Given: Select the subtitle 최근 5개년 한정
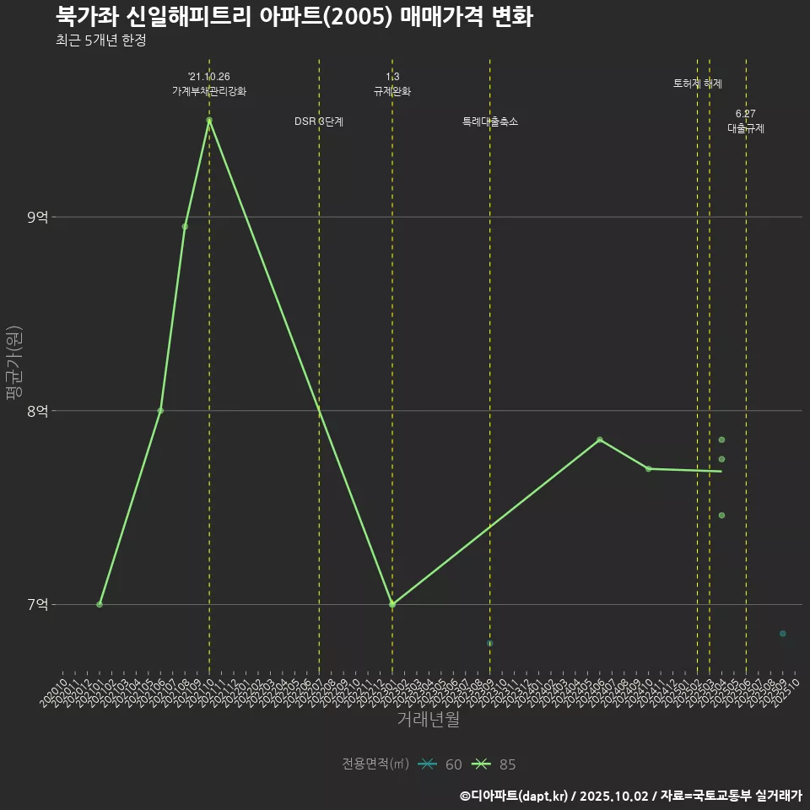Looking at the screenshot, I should tap(100, 40).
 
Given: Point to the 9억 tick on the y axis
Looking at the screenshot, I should tap(37, 218).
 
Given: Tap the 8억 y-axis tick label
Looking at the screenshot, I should tap(37, 411).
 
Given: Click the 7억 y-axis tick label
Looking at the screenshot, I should tap(37, 604).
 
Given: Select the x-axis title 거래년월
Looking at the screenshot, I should tap(429, 720).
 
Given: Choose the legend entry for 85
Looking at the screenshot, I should tap(495, 764).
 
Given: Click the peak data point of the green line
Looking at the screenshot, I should tap(209, 120).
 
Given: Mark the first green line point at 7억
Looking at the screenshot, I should tap(100, 604).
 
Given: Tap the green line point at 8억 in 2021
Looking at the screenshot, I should tap(160, 411).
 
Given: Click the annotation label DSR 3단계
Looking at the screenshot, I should tap(319, 121).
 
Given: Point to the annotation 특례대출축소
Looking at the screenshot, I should tap(490, 121).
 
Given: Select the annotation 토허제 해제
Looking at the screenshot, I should tap(698, 84).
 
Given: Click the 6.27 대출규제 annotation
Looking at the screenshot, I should tap(746, 121).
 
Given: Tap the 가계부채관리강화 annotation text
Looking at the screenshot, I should tap(209, 91).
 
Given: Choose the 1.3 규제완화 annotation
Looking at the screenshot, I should tap(392, 84).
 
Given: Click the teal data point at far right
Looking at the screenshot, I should tap(783, 634).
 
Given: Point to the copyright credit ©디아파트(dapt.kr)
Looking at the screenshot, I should tap(516, 796).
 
